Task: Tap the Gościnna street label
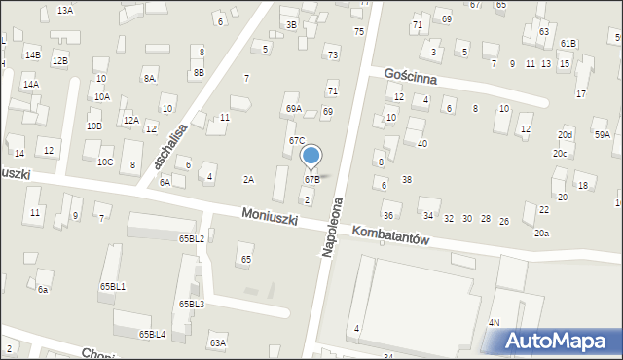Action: pos(410,77)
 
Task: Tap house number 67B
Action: pos(311,179)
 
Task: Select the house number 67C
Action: pos(296,141)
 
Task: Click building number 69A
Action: pos(293,109)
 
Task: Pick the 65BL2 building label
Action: pos(191,238)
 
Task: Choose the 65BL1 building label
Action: pos(112,286)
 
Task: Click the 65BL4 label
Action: pos(152,335)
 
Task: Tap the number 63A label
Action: pos(217,342)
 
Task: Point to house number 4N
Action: pos(495,322)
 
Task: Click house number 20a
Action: pos(541,234)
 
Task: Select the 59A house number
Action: pos(603,135)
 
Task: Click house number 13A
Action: pos(65,10)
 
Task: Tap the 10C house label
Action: pos(104,162)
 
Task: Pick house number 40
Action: pos(421,144)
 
